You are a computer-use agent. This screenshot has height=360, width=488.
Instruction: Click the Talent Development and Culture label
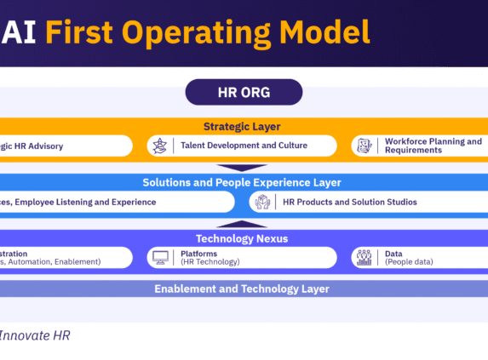click(x=244, y=146)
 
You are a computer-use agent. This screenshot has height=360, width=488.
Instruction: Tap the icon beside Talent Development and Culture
click(x=159, y=146)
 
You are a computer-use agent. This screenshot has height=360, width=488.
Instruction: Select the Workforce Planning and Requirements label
click(x=433, y=146)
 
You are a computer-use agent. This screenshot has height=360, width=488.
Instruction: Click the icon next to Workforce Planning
click(x=365, y=146)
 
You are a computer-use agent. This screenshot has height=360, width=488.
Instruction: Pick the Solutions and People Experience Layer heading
click(x=242, y=182)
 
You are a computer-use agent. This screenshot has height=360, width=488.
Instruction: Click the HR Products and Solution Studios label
click(x=350, y=202)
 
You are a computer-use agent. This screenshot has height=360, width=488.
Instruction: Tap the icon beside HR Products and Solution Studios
click(x=262, y=202)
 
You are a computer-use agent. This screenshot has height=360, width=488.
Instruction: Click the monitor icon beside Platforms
click(x=159, y=258)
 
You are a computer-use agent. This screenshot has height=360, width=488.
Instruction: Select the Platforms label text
click(x=198, y=254)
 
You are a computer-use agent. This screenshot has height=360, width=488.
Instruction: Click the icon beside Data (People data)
click(x=365, y=258)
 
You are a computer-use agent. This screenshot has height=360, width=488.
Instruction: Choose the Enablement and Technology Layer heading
click(x=242, y=289)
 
